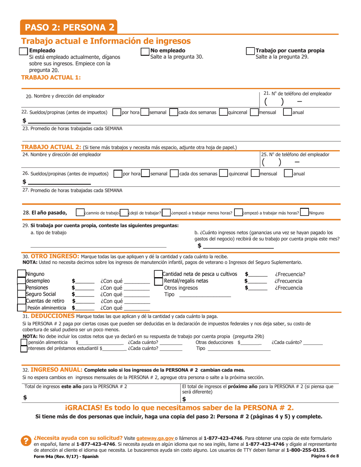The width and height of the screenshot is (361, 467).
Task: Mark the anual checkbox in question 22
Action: [287, 112]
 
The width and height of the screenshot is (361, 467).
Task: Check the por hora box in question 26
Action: [118, 174]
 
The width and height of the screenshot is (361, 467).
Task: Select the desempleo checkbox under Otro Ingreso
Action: [22, 281]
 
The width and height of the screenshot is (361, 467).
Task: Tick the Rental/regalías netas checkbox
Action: [158, 281]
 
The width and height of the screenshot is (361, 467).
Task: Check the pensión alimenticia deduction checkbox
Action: [24, 343]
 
